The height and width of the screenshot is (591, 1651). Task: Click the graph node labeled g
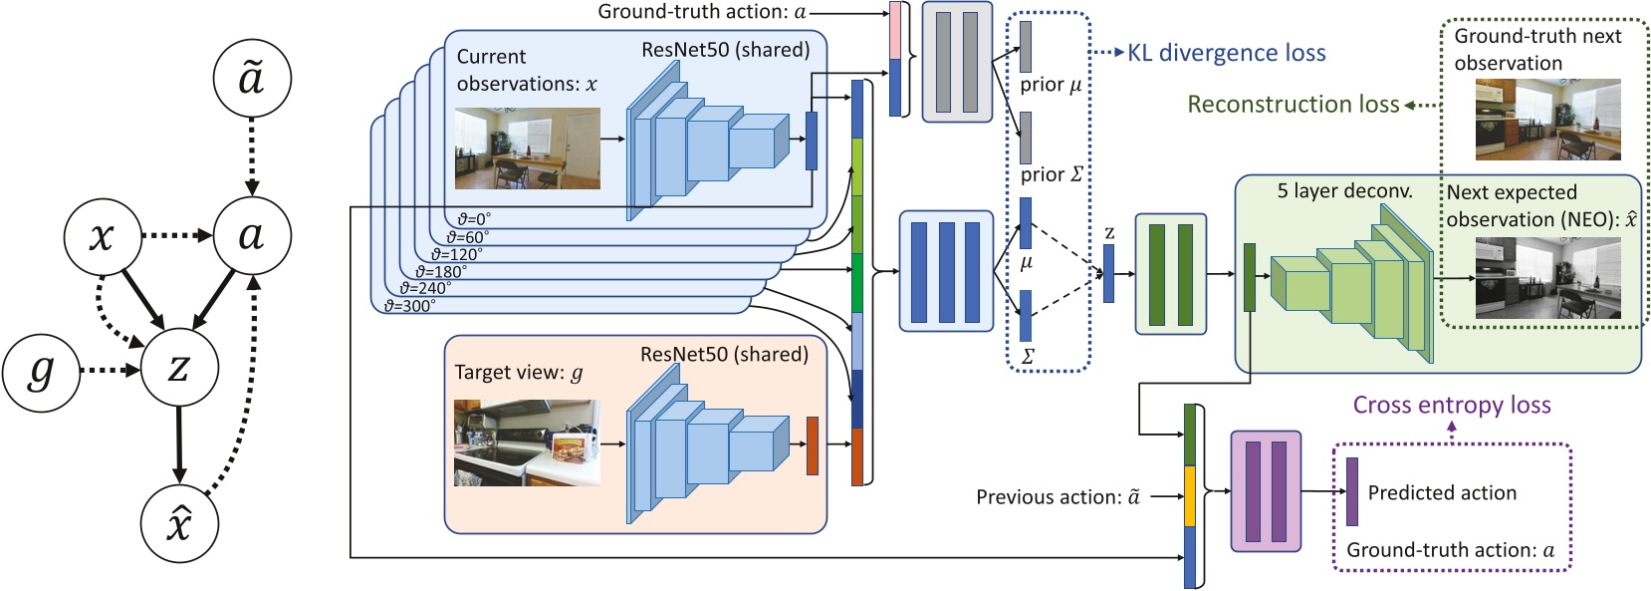click(41, 372)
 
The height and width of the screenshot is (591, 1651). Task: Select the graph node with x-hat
click(179, 524)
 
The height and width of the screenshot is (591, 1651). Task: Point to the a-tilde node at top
click(252, 78)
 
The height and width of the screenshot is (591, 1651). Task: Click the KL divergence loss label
click(1227, 53)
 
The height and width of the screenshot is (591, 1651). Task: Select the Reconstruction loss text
click(1293, 104)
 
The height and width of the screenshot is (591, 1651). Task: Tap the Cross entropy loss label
click(1452, 405)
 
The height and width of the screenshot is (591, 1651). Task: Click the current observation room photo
click(528, 148)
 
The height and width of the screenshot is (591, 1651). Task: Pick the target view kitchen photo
click(527, 443)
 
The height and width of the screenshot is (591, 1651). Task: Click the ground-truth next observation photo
click(1547, 120)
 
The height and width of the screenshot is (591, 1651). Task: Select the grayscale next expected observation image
click(1547, 278)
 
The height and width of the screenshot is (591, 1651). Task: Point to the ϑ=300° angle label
click(410, 305)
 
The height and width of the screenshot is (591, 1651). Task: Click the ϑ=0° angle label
click(474, 219)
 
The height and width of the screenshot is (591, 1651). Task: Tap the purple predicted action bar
click(1351, 492)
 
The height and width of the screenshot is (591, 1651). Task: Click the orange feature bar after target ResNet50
click(813, 445)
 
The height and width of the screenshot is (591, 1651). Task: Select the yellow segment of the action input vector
click(1190, 495)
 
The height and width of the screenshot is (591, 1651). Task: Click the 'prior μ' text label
click(1051, 85)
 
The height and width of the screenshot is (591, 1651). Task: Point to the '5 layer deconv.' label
click(1345, 191)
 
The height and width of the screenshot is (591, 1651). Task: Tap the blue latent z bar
click(1108, 274)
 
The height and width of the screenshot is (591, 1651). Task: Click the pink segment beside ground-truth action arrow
click(895, 31)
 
